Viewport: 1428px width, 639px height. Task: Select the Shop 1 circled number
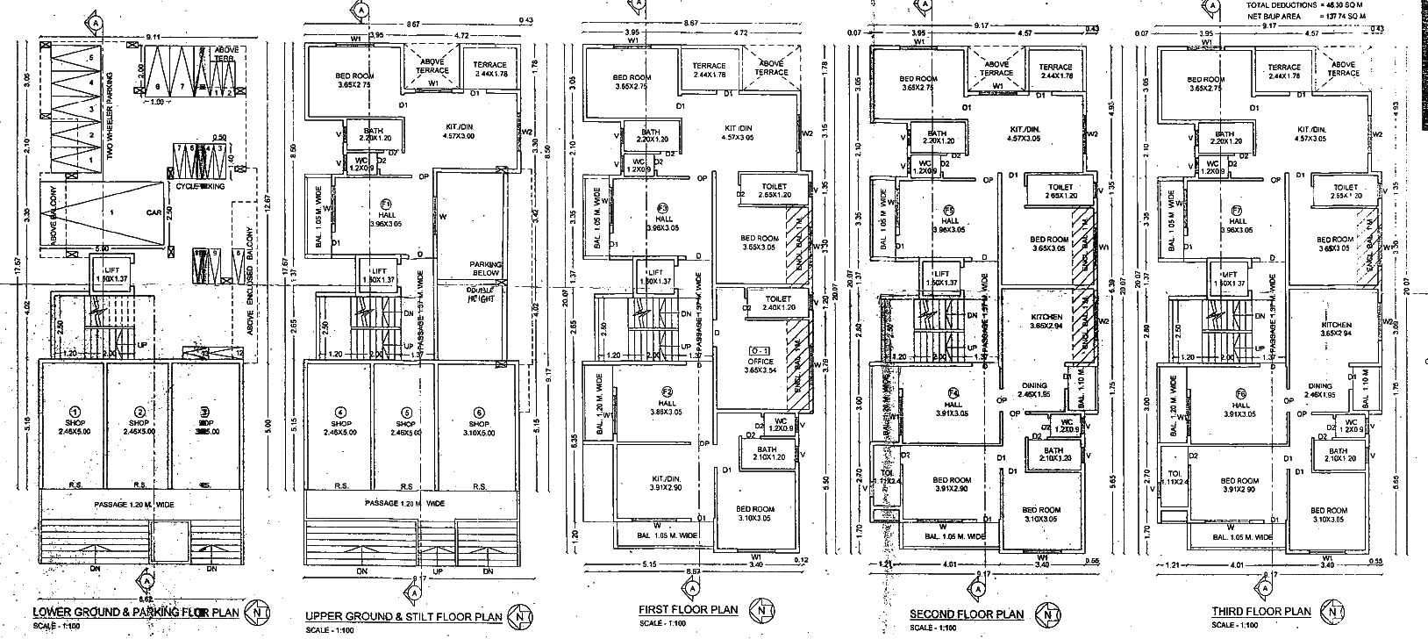(x=75, y=411)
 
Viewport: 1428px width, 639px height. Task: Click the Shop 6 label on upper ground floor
(x=479, y=413)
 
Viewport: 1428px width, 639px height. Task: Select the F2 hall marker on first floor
(x=668, y=391)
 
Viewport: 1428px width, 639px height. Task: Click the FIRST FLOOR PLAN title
(x=686, y=609)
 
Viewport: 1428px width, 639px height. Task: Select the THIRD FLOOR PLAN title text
(x=1261, y=612)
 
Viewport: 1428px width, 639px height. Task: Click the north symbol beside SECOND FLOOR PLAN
(x=1046, y=612)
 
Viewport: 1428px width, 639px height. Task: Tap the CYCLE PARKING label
(x=200, y=186)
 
